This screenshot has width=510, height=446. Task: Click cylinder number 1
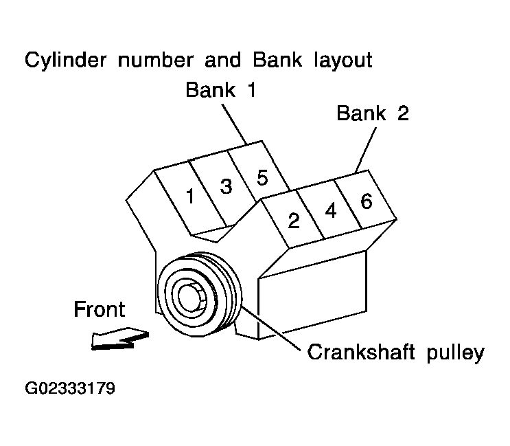point(190,197)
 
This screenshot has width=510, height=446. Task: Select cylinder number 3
point(227,186)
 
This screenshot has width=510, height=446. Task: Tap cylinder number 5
point(262,177)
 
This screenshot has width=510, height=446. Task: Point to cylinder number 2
point(294,221)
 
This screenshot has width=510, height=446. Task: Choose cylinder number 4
point(330,211)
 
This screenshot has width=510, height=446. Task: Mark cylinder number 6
point(366,201)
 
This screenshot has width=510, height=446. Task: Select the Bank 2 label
point(373,113)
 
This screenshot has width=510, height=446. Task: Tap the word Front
point(100,309)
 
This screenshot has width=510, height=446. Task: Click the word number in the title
point(155,60)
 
